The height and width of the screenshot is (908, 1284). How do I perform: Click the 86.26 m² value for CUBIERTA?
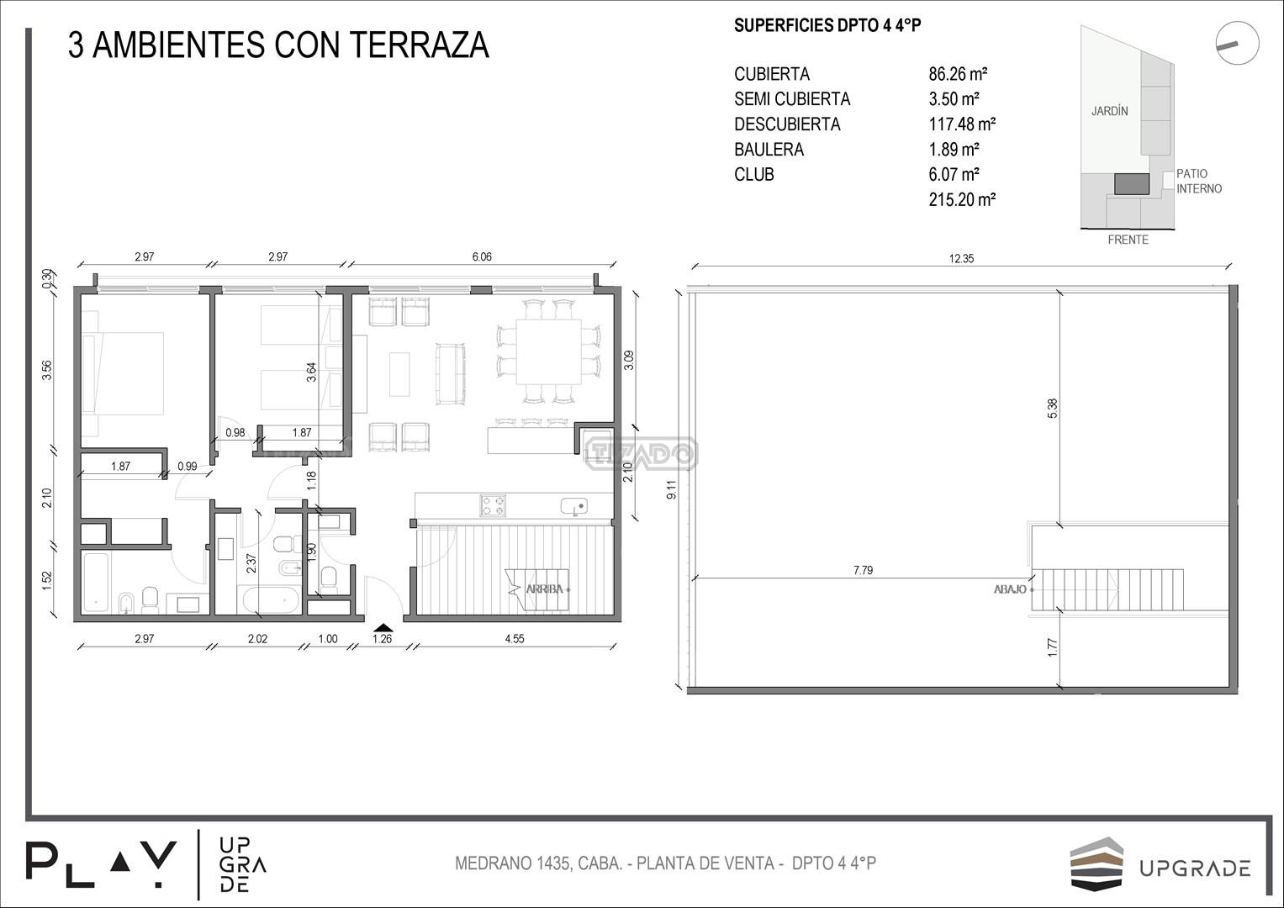(958, 74)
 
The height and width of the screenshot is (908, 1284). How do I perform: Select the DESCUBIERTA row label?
(787, 124)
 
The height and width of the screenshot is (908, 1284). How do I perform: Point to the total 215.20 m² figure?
(962, 199)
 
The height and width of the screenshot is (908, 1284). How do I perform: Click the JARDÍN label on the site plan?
(1110, 111)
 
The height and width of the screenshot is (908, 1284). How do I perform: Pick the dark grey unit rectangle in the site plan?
(1132, 184)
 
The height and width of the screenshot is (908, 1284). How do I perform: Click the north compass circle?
(1237, 43)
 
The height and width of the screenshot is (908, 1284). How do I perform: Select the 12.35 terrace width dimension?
(961, 259)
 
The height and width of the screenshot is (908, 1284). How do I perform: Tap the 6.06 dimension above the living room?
(482, 256)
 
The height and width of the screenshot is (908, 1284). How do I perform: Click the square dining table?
(548, 352)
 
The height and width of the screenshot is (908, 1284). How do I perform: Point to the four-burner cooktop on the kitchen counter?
(493, 505)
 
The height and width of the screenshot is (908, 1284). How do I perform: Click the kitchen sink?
(574, 507)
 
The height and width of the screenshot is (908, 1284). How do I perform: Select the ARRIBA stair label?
(545, 589)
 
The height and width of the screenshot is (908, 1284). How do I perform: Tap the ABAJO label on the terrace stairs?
(1010, 589)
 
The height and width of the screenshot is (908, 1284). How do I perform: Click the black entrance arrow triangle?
(383, 627)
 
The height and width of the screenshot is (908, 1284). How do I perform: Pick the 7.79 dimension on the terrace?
(863, 570)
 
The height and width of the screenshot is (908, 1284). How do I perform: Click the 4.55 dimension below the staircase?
(514, 639)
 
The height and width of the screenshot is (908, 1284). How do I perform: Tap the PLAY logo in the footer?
(101, 864)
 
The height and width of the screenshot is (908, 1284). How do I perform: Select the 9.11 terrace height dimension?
(672, 489)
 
